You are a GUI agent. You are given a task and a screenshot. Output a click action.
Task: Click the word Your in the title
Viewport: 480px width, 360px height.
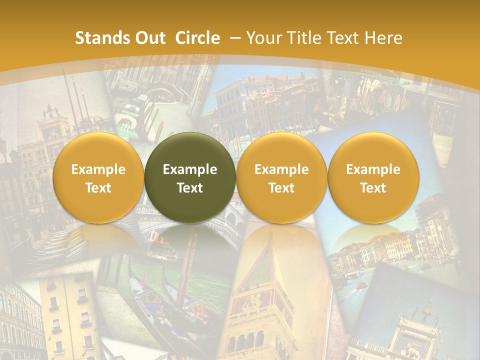coord(263,38)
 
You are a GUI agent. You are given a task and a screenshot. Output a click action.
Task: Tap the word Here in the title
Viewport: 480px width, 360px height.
coord(383,38)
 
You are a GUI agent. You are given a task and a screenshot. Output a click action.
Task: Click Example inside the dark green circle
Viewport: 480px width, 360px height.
coord(190,169)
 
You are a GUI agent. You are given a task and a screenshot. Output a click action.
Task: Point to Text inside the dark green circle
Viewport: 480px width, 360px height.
coord(190,188)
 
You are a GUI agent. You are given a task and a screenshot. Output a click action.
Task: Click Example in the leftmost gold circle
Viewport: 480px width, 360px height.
coord(98,169)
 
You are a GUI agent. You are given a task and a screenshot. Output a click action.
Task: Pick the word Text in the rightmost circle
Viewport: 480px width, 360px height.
coord(373,188)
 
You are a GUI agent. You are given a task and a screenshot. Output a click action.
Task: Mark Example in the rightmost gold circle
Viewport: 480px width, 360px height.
coord(373,169)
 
